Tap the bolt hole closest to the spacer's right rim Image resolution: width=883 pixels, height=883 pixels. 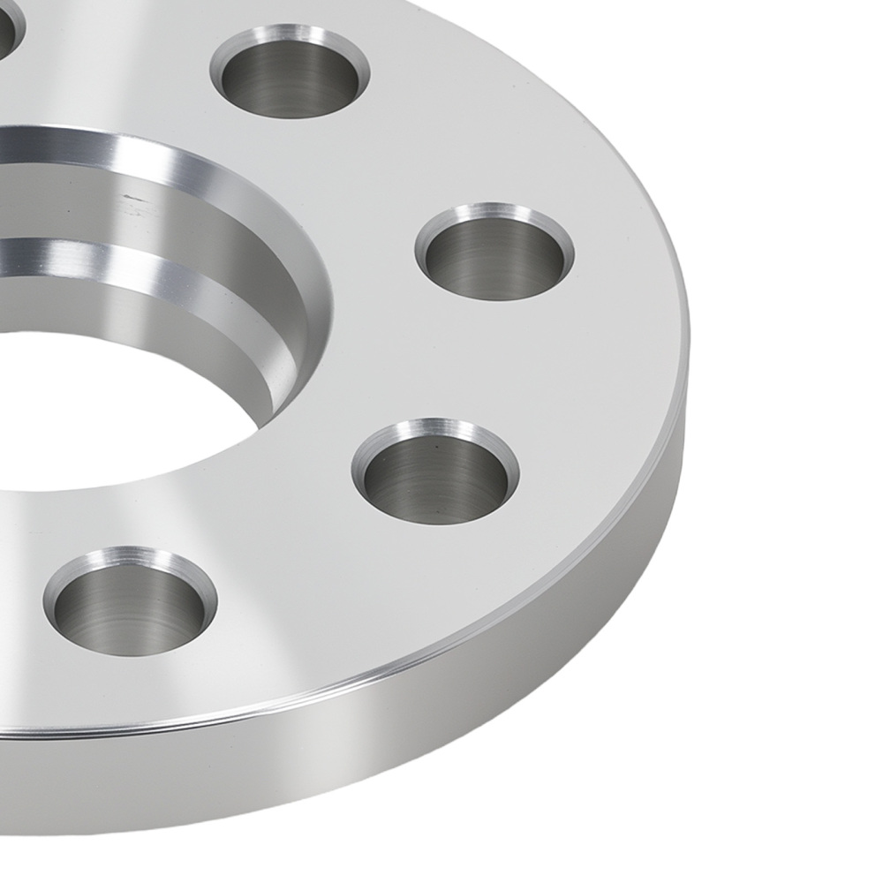[x=494, y=258]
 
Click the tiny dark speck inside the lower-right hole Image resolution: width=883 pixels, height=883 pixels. [x=436, y=448]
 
